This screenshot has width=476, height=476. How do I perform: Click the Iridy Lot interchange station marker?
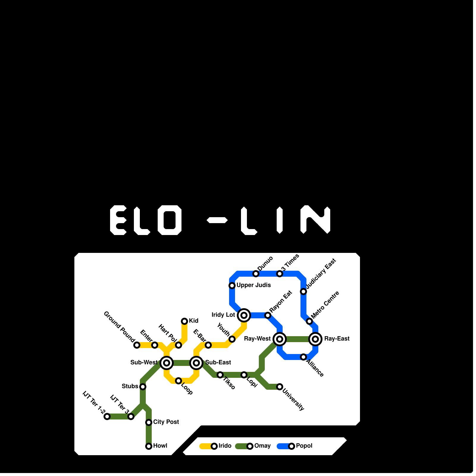244,315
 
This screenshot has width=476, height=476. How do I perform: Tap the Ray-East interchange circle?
315,339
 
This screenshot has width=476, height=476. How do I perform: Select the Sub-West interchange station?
167,363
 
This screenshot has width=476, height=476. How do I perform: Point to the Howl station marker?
149,446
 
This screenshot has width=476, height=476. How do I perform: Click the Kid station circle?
184,321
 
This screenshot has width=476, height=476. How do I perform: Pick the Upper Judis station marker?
232,286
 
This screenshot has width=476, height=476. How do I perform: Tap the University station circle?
280,387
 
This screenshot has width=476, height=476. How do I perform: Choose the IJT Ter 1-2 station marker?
107,416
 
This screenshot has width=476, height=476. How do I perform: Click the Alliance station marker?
303,357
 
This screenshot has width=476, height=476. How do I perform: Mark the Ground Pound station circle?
137,345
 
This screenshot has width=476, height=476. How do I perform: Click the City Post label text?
166,422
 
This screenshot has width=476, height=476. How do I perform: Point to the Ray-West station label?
257,339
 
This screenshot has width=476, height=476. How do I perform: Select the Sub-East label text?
218,362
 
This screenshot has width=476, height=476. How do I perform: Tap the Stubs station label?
130,386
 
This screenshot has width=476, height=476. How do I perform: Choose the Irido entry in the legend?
225,446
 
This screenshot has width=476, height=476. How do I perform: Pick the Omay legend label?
262,446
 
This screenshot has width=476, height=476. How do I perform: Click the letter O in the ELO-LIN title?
170,220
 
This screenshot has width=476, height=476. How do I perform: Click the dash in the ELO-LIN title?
217,220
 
